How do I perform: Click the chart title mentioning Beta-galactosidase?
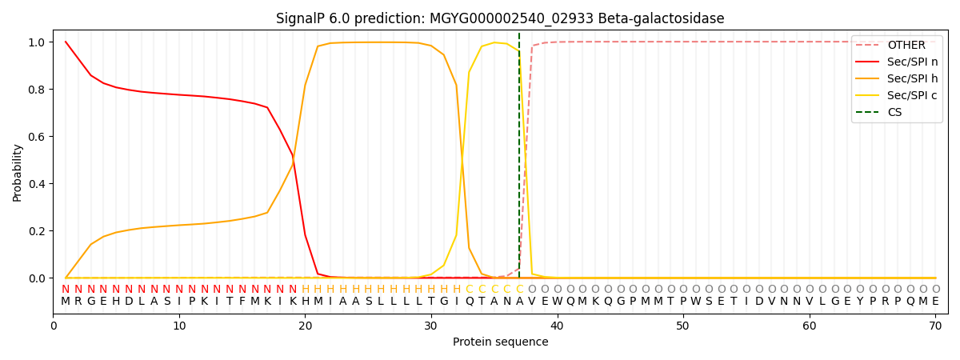pyautogui.click(x=500, y=18)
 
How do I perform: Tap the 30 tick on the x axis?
pyautogui.click(x=430, y=326)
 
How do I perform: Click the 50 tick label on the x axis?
pyautogui.click(x=682, y=326)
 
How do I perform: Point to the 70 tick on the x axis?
pyautogui.click(x=935, y=326)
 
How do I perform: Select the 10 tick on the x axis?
pyautogui.click(x=179, y=326)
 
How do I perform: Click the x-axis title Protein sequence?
pyautogui.click(x=500, y=342)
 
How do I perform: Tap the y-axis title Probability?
pyautogui.click(x=18, y=173)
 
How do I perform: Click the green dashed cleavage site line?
pyautogui.click(x=519, y=160)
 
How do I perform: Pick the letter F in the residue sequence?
pyautogui.click(x=242, y=302)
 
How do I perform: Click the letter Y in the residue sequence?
pyautogui.click(x=860, y=302)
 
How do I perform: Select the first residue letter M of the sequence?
pyautogui.click(x=66, y=302)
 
